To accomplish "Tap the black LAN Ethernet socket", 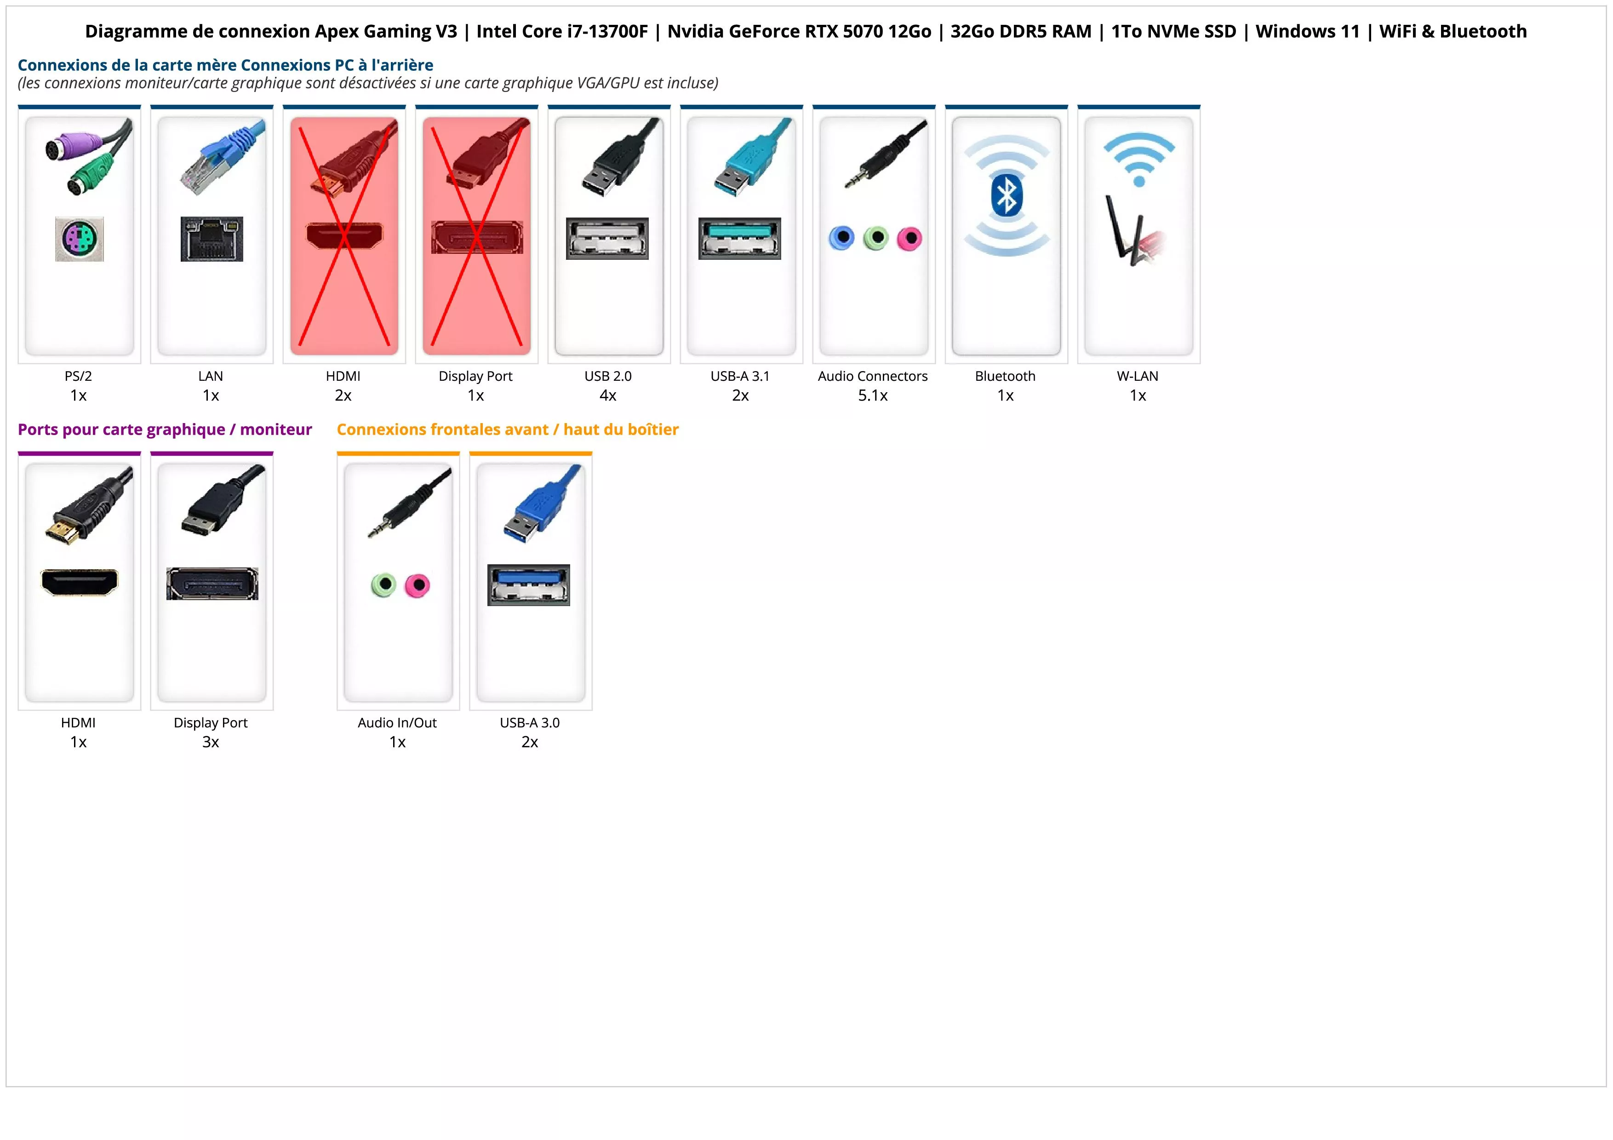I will pos(212,239).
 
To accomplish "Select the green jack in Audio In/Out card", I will pos(383,585).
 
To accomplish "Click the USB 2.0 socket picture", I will pos(607,239).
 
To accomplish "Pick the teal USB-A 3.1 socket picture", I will pos(739,239).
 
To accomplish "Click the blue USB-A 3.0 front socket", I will pos(528,585).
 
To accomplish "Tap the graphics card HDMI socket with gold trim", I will pos(80,582).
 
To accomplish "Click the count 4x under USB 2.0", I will pos(608,395).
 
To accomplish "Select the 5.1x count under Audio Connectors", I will pos(873,395).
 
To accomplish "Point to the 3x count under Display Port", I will pos(211,742).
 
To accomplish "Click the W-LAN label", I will pos(1138,376).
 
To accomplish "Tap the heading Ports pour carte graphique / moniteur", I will pos(165,429).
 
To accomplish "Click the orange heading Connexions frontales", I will pos(507,429).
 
